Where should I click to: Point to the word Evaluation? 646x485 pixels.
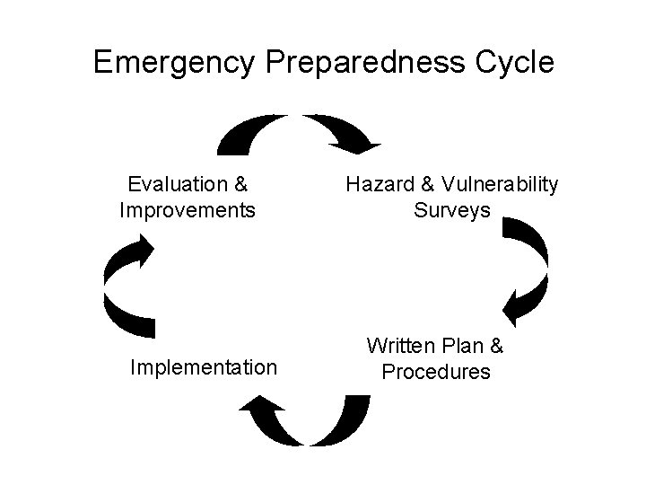(176, 185)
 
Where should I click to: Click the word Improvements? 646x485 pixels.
(188, 211)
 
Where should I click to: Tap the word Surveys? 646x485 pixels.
(452, 211)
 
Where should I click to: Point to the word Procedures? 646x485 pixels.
(436, 372)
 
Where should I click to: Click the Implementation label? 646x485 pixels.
(203, 367)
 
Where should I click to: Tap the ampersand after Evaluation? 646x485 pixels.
(240, 185)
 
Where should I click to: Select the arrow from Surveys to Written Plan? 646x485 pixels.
(529, 269)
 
